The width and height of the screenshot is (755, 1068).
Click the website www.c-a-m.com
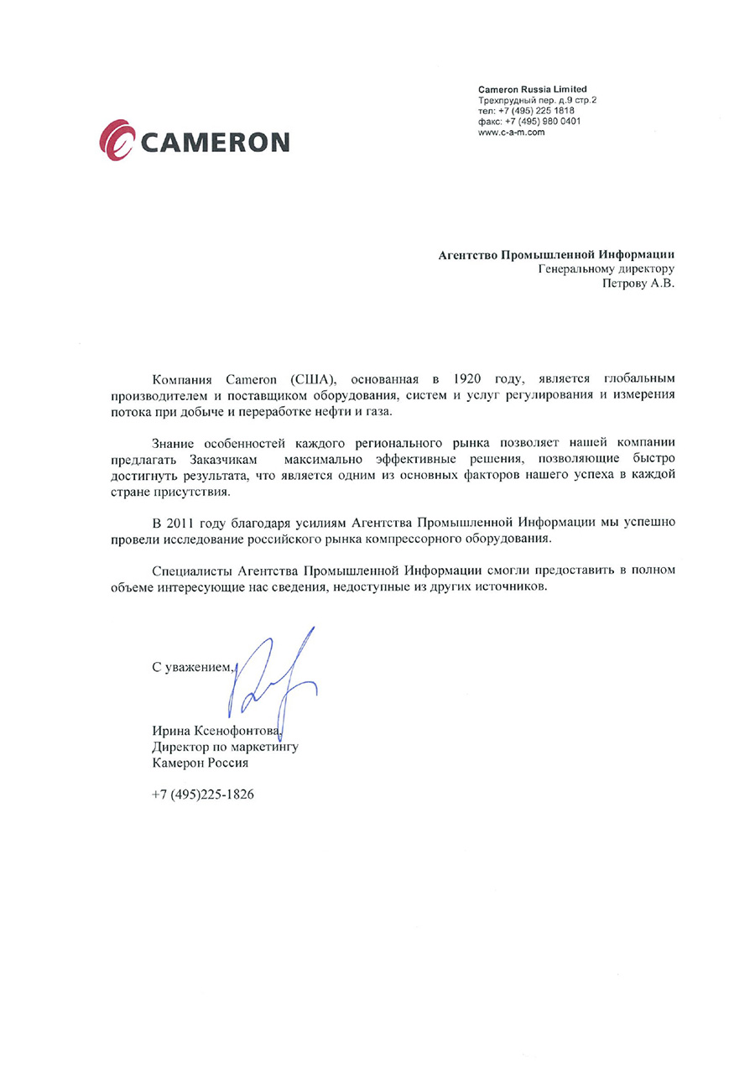coord(512,132)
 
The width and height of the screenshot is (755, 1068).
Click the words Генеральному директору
coord(606,269)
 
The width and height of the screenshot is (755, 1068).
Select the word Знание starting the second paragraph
coord(174,442)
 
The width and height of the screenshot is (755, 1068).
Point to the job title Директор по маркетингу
coord(225,746)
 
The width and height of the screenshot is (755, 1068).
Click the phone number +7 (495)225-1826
coord(202,794)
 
